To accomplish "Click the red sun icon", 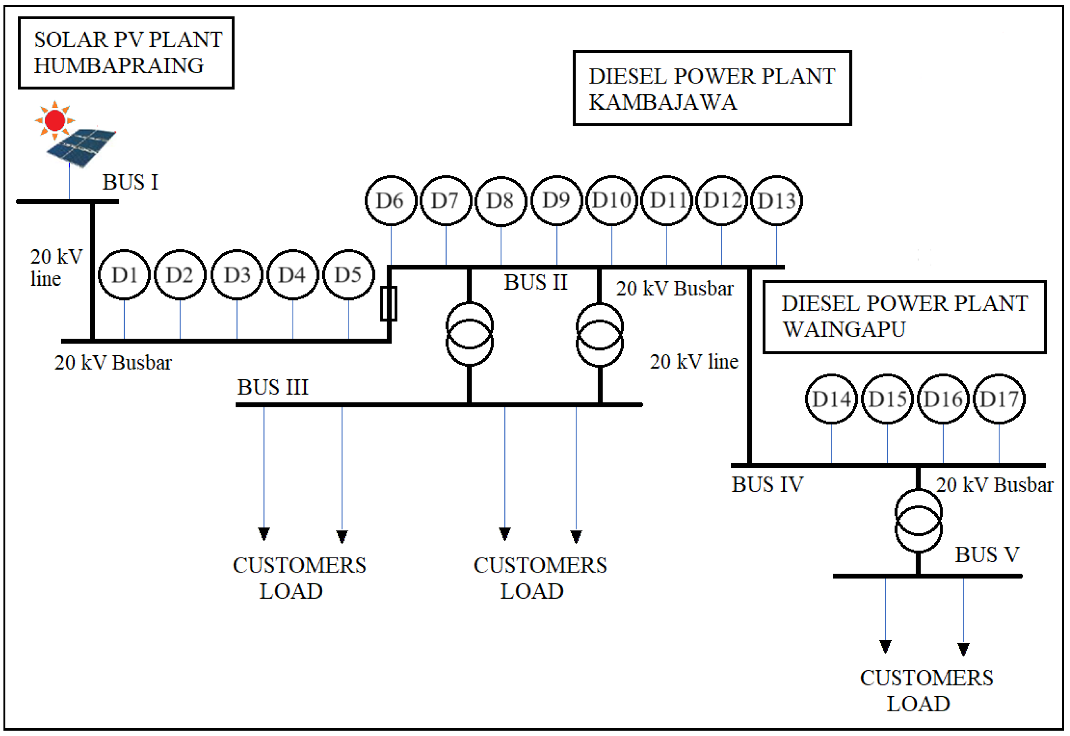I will tap(55, 121).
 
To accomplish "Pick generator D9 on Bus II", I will tap(556, 200).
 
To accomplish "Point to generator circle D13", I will tap(777, 200).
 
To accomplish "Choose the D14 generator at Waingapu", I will tap(831, 399).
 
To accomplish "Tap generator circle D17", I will tap(999, 399).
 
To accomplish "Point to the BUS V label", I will tap(987, 555).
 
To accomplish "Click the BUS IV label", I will tap(767, 485).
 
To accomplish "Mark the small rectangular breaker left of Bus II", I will tap(388, 304).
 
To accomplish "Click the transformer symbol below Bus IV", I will tap(918, 521).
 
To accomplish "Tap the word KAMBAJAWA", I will tap(663, 102).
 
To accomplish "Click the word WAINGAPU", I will tap(844, 330).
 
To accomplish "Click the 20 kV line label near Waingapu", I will tap(694, 362).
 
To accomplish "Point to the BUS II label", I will tap(536, 283).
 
